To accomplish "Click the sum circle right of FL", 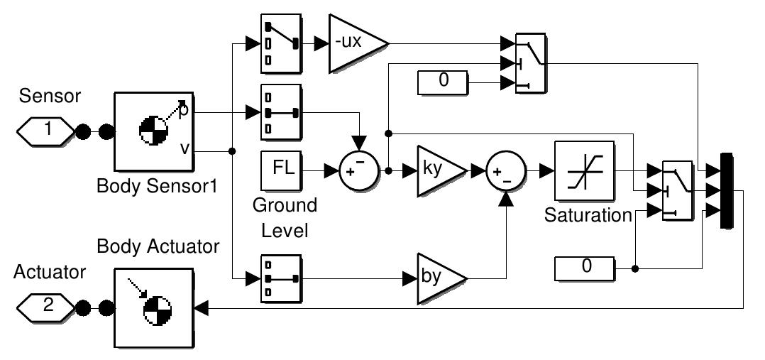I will point(354,170).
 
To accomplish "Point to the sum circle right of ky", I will point(505,171).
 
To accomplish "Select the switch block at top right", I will point(530,63).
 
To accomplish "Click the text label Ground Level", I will point(285,219).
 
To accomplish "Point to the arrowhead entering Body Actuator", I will point(201,307).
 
